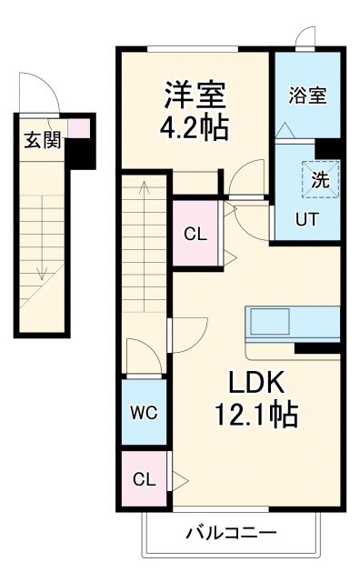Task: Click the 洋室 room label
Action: (195, 94)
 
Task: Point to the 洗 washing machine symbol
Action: (321, 179)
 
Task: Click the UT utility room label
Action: (306, 218)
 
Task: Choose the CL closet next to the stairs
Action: (195, 234)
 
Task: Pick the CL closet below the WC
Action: (143, 478)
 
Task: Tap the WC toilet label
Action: (143, 412)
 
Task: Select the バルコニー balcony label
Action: (232, 531)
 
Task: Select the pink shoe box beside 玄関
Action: (80, 128)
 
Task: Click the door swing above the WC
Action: (143, 356)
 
